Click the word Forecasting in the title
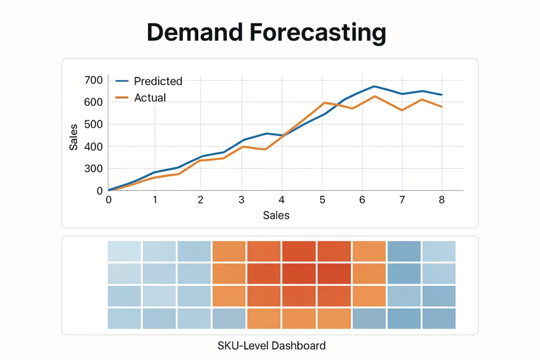[x=318, y=33]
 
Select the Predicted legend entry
[x=158, y=81]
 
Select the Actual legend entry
[x=150, y=98]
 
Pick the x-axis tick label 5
[x=323, y=200]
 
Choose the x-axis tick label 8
[x=442, y=200]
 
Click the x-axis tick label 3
[x=242, y=200]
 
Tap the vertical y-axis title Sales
[x=74, y=136]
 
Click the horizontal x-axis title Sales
[x=276, y=215]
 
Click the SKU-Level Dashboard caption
[x=272, y=346]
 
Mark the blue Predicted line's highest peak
[x=374, y=86]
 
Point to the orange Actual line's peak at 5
[x=323, y=103]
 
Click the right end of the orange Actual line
[x=442, y=106]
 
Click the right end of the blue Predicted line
[x=442, y=95]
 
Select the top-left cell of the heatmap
[x=124, y=251]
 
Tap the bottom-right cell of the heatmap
[x=439, y=318]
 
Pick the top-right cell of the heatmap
[x=439, y=251]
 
